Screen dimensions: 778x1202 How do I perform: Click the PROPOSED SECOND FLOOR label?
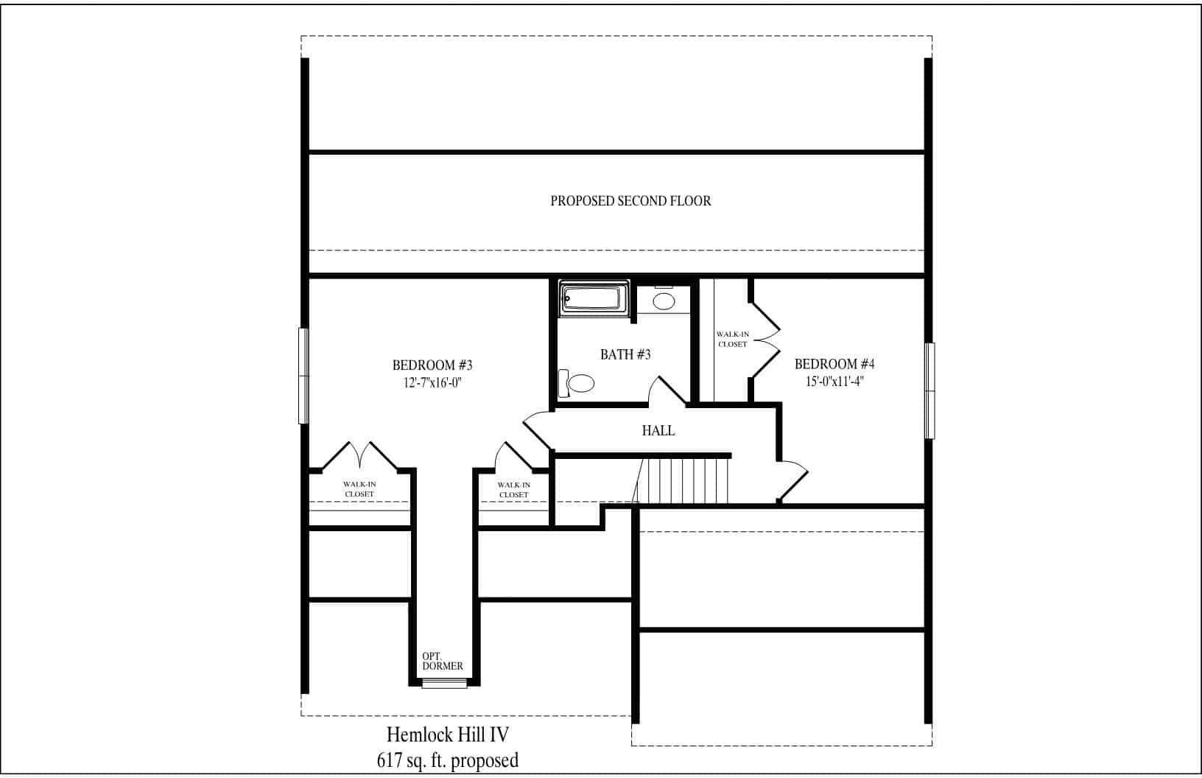pos(630,200)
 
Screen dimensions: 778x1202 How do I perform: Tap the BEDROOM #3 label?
pos(432,365)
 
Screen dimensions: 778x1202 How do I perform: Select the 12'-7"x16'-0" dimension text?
pos(432,382)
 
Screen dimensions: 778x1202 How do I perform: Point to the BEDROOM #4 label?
pos(834,364)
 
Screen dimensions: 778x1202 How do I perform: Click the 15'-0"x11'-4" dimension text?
pos(834,382)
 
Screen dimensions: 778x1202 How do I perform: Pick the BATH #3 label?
pos(625,354)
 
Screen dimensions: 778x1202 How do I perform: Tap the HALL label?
pos(658,431)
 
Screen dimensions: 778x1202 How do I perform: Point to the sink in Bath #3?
pos(664,301)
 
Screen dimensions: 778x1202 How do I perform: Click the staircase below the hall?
pos(685,480)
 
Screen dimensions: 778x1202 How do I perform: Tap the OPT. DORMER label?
pos(443,661)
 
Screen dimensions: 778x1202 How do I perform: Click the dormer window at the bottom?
pos(444,684)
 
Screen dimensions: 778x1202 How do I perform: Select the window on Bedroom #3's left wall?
pos(302,376)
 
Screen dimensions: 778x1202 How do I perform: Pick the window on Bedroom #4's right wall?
pos(929,390)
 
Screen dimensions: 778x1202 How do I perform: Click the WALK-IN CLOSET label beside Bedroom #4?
pos(732,339)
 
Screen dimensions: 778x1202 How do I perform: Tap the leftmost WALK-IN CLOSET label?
pos(359,488)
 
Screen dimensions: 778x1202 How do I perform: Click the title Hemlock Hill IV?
pos(448,735)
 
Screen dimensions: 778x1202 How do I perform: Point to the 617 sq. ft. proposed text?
pos(448,760)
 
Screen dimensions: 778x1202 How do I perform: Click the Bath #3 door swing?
pos(667,390)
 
